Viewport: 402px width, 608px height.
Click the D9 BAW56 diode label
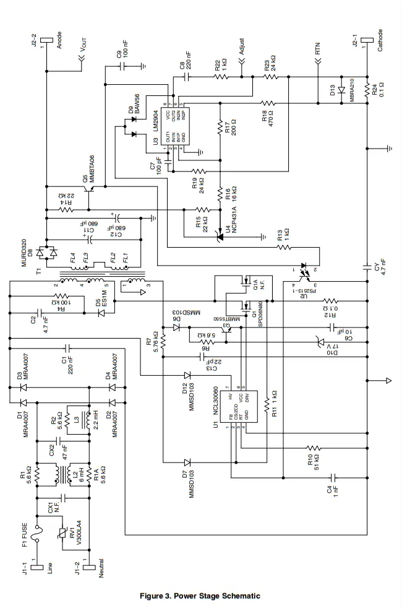click(x=134, y=103)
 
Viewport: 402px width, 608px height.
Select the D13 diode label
click(x=332, y=90)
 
